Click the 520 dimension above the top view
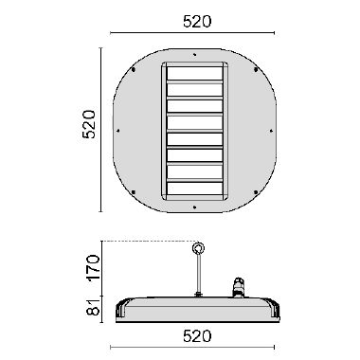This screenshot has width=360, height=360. coord(197,22)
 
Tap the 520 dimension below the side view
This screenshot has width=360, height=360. coord(197,336)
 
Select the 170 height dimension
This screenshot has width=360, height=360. coord(94,268)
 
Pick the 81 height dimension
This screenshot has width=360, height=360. coord(94,307)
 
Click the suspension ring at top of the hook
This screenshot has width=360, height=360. coord(198,248)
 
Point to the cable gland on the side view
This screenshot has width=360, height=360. coord(238,287)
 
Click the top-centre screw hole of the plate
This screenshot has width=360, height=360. coord(195,55)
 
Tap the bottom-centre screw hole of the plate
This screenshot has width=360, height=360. coord(194,207)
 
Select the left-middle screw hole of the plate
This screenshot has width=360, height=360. coord(118,130)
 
